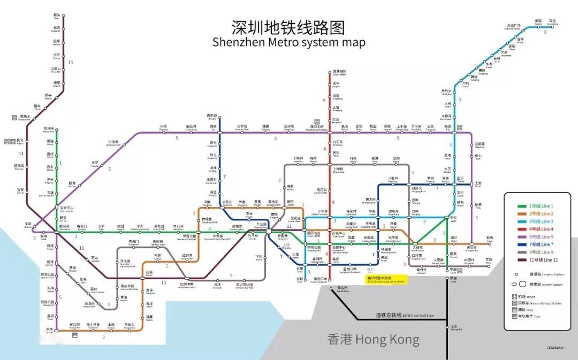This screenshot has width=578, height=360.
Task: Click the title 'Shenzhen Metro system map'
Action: click(288, 43)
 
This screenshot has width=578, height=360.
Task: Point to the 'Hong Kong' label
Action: click(373, 339)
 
